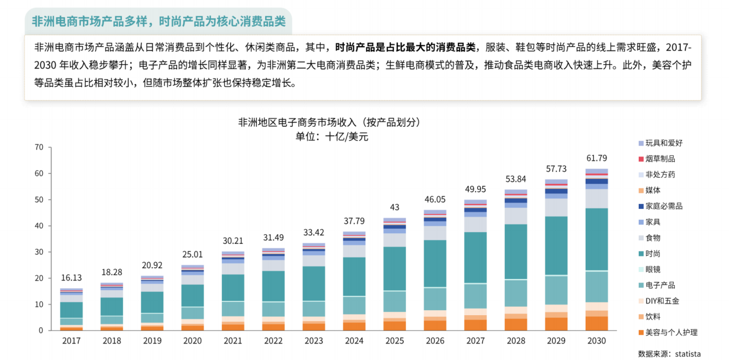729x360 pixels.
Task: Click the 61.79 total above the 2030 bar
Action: click(x=597, y=158)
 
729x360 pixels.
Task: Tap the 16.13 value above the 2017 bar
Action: click(x=71, y=278)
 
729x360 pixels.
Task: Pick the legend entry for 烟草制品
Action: click(x=660, y=159)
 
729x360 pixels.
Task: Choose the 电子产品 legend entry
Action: click(x=660, y=285)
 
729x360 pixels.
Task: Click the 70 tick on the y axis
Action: click(x=39, y=147)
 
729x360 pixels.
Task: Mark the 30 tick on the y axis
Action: click(x=39, y=252)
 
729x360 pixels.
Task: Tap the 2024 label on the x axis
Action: click(x=354, y=341)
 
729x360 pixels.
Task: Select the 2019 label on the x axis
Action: click(x=152, y=341)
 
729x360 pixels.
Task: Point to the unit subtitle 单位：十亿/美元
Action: click(x=332, y=136)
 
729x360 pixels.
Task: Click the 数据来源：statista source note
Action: click(x=669, y=353)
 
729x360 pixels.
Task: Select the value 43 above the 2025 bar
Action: click(x=394, y=207)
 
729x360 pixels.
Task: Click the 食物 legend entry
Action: click(x=653, y=238)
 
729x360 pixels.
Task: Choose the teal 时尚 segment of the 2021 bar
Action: click(x=232, y=287)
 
